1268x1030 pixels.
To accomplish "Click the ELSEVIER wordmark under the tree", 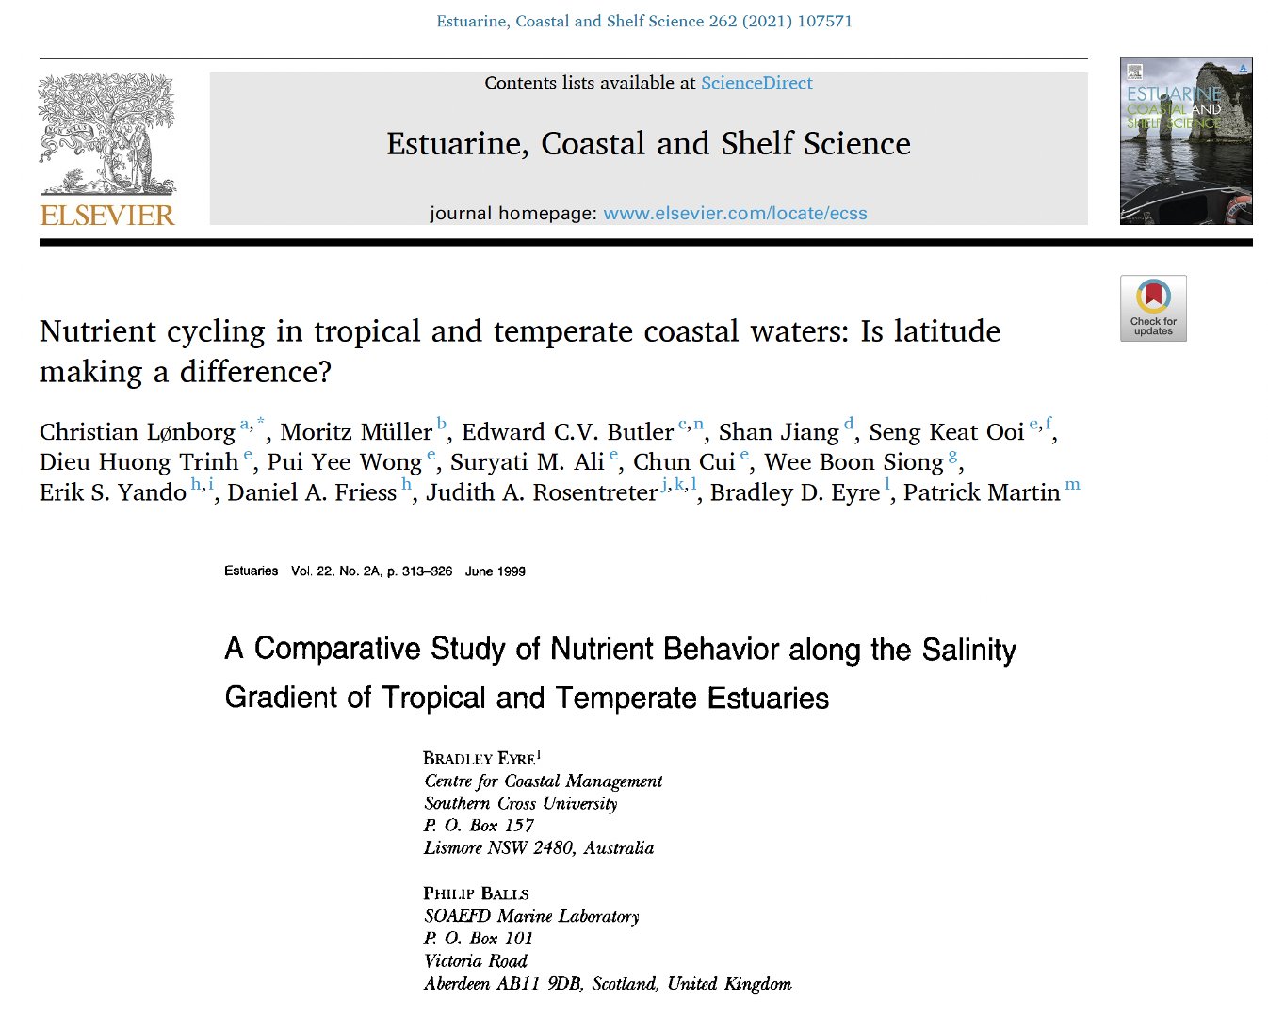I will pyautogui.click(x=107, y=216).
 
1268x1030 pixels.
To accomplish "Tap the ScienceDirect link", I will pyautogui.click(x=756, y=83).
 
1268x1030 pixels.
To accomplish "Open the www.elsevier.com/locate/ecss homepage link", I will pyautogui.click(x=735, y=214).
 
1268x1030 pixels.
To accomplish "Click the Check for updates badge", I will pyautogui.click(x=1153, y=308).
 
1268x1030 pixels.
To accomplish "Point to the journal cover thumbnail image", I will pyautogui.click(x=1185, y=141).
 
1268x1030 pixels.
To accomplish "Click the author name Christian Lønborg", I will pyautogui.click(x=138, y=432).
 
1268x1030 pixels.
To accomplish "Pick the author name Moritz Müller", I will pyautogui.click(x=356, y=432).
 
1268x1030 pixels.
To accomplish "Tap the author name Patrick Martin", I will pyautogui.click(x=982, y=492).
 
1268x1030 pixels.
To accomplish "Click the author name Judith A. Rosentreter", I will pyautogui.click(x=542, y=492).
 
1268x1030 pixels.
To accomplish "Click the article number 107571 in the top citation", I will pyautogui.click(x=824, y=21).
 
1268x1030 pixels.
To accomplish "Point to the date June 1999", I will pyautogui.click(x=496, y=571).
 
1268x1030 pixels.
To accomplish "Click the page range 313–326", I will pyautogui.click(x=427, y=571).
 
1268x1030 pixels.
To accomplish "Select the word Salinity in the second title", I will pyautogui.click(x=968, y=650).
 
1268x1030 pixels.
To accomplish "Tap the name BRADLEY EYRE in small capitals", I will pyautogui.click(x=479, y=759).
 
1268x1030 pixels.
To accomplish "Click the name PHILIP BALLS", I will pyautogui.click(x=476, y=893).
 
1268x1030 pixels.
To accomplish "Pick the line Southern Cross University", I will pyautogui.click(x=521, y=804).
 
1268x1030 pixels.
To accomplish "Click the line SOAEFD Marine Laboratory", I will pyautogui.click(x=531, y=916).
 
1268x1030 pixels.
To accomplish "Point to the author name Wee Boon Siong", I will pyautogui.click(x=853, y=462).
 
